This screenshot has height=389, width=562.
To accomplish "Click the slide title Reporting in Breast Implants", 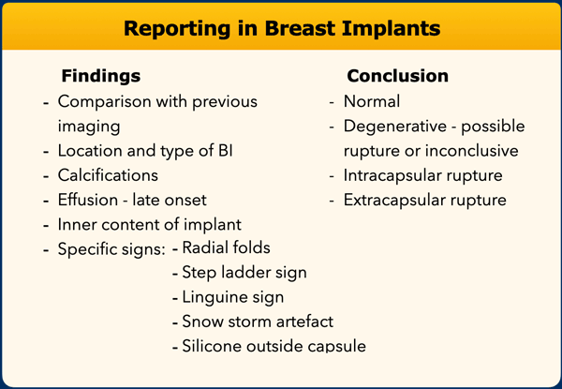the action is point(282,29).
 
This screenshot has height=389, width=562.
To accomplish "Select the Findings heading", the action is point(101,76).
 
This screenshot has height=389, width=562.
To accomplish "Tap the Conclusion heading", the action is point(397,76).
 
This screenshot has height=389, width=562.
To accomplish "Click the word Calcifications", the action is point(108,175).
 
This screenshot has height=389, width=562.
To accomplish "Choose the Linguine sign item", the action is point(233,297).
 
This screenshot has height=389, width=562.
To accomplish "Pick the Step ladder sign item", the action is point(244,273).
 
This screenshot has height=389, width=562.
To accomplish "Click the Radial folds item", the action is point(226,247).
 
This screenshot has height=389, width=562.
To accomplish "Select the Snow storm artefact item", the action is point(258,322).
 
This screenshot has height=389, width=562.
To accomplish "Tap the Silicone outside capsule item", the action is point(274,346).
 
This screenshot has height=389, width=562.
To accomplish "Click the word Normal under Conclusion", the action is point(372,101).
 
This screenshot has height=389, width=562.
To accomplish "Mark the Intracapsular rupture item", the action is point(423,176).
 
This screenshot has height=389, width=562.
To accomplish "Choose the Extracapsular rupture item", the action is point(425,201).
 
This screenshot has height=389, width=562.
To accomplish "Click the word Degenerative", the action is point(395,127).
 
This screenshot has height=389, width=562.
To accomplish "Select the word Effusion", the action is point(88,200).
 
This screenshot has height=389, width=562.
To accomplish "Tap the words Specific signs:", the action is point(111,249).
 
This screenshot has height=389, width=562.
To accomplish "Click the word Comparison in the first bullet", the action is point(106,102).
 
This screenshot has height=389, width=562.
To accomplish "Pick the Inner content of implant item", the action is point(150,225).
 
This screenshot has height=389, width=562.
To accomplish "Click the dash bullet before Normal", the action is point(332,103).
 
